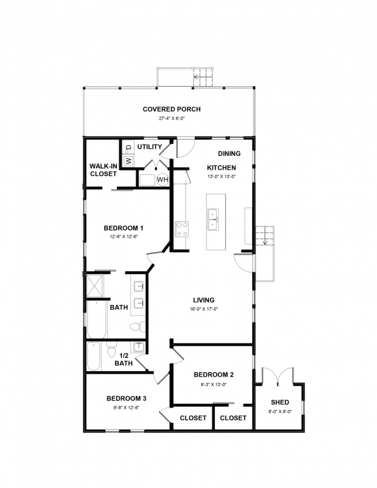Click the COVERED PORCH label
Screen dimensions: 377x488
point(172,109)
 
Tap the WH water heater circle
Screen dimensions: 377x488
point(162,180)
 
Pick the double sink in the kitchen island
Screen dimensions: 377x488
point(213,219)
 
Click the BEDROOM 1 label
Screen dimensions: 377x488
point(124,228)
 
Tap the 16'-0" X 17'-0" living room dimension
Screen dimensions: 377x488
point(204,309)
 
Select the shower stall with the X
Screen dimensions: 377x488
point(94,286)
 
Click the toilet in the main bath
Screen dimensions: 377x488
point(138,327)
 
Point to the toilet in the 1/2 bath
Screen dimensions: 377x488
point(111,349)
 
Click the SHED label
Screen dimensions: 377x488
point(280,402)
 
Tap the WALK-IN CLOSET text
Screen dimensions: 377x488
point(103,170)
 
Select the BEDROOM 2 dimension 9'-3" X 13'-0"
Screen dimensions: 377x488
point(214,384)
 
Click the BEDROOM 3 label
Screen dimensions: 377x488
point(126,398)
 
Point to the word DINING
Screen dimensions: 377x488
point(229,153)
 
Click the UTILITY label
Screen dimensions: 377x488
point(150,147)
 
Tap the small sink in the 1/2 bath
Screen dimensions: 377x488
point(139,347)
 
